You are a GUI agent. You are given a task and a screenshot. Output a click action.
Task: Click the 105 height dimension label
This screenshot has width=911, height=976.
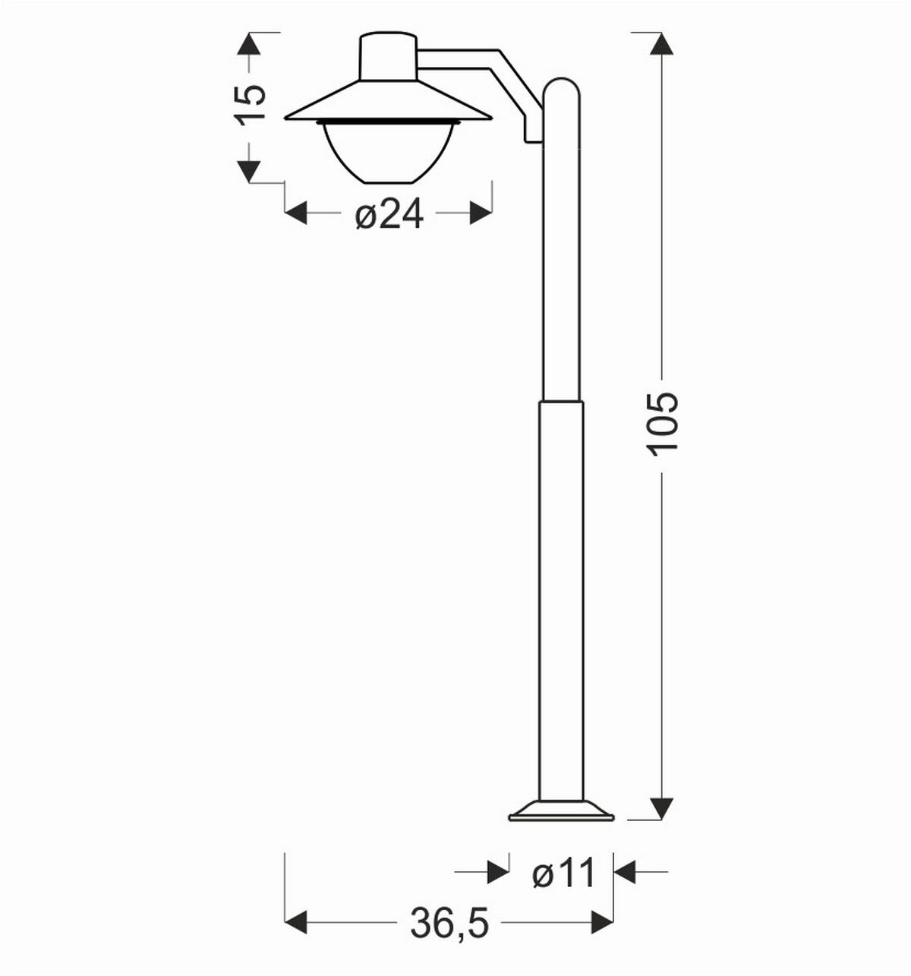[663, 424]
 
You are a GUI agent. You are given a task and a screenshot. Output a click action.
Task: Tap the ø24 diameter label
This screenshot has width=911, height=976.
[389, 215]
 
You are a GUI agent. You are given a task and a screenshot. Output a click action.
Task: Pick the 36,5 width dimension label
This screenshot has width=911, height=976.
[449, 923]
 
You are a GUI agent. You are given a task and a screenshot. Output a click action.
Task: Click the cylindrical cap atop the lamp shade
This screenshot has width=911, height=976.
[389, 56]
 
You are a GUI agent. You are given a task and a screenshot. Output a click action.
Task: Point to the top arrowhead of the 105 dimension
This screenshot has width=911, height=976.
[663, 43]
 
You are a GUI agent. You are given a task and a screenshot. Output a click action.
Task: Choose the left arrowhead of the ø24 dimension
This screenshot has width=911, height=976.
[295, 213]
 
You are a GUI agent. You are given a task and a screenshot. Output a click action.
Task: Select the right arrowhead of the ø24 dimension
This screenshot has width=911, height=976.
[481, 213]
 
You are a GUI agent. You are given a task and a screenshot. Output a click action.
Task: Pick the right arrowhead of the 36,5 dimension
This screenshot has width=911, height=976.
[602, 922]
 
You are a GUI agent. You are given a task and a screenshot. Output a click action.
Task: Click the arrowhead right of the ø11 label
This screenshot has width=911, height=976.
[625, 872]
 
